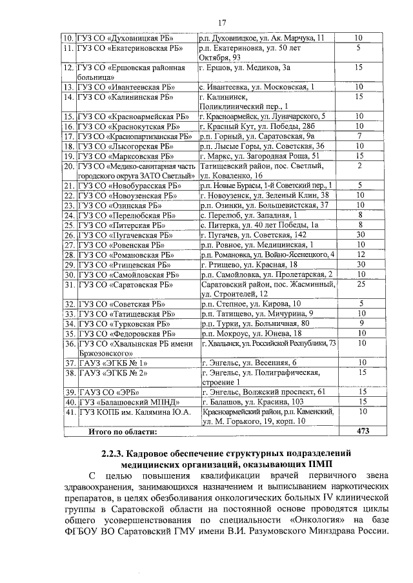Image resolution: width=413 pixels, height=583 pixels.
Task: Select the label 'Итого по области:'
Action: tap(123, 432)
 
